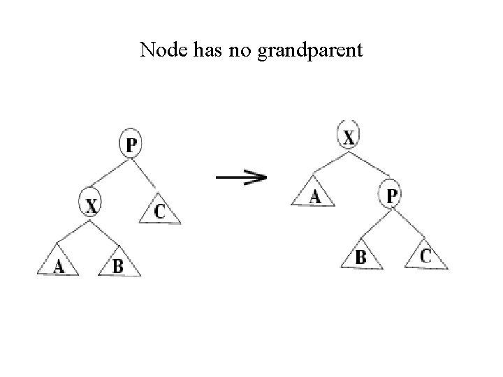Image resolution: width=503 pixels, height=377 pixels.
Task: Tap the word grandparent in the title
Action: pos(310,52)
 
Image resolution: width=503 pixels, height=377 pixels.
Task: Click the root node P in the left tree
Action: pos(131,144)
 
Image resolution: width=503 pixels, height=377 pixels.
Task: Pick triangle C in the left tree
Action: pos(160,211)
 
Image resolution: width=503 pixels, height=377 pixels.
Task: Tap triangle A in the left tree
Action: pos(58,263)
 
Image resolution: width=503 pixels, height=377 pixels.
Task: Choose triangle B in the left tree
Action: pos(118,264)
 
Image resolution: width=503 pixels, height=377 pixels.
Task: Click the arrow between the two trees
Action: pos(241,177)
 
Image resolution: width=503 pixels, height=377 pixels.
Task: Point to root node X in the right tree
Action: pos(349,135)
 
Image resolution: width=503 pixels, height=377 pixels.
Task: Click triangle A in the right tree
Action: pos(314,196)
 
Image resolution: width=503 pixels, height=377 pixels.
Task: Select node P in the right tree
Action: pos(391,195)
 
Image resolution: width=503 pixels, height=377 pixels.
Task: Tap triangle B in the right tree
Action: pos(360,257)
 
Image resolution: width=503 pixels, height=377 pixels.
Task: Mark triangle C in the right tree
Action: pos(425,256)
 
